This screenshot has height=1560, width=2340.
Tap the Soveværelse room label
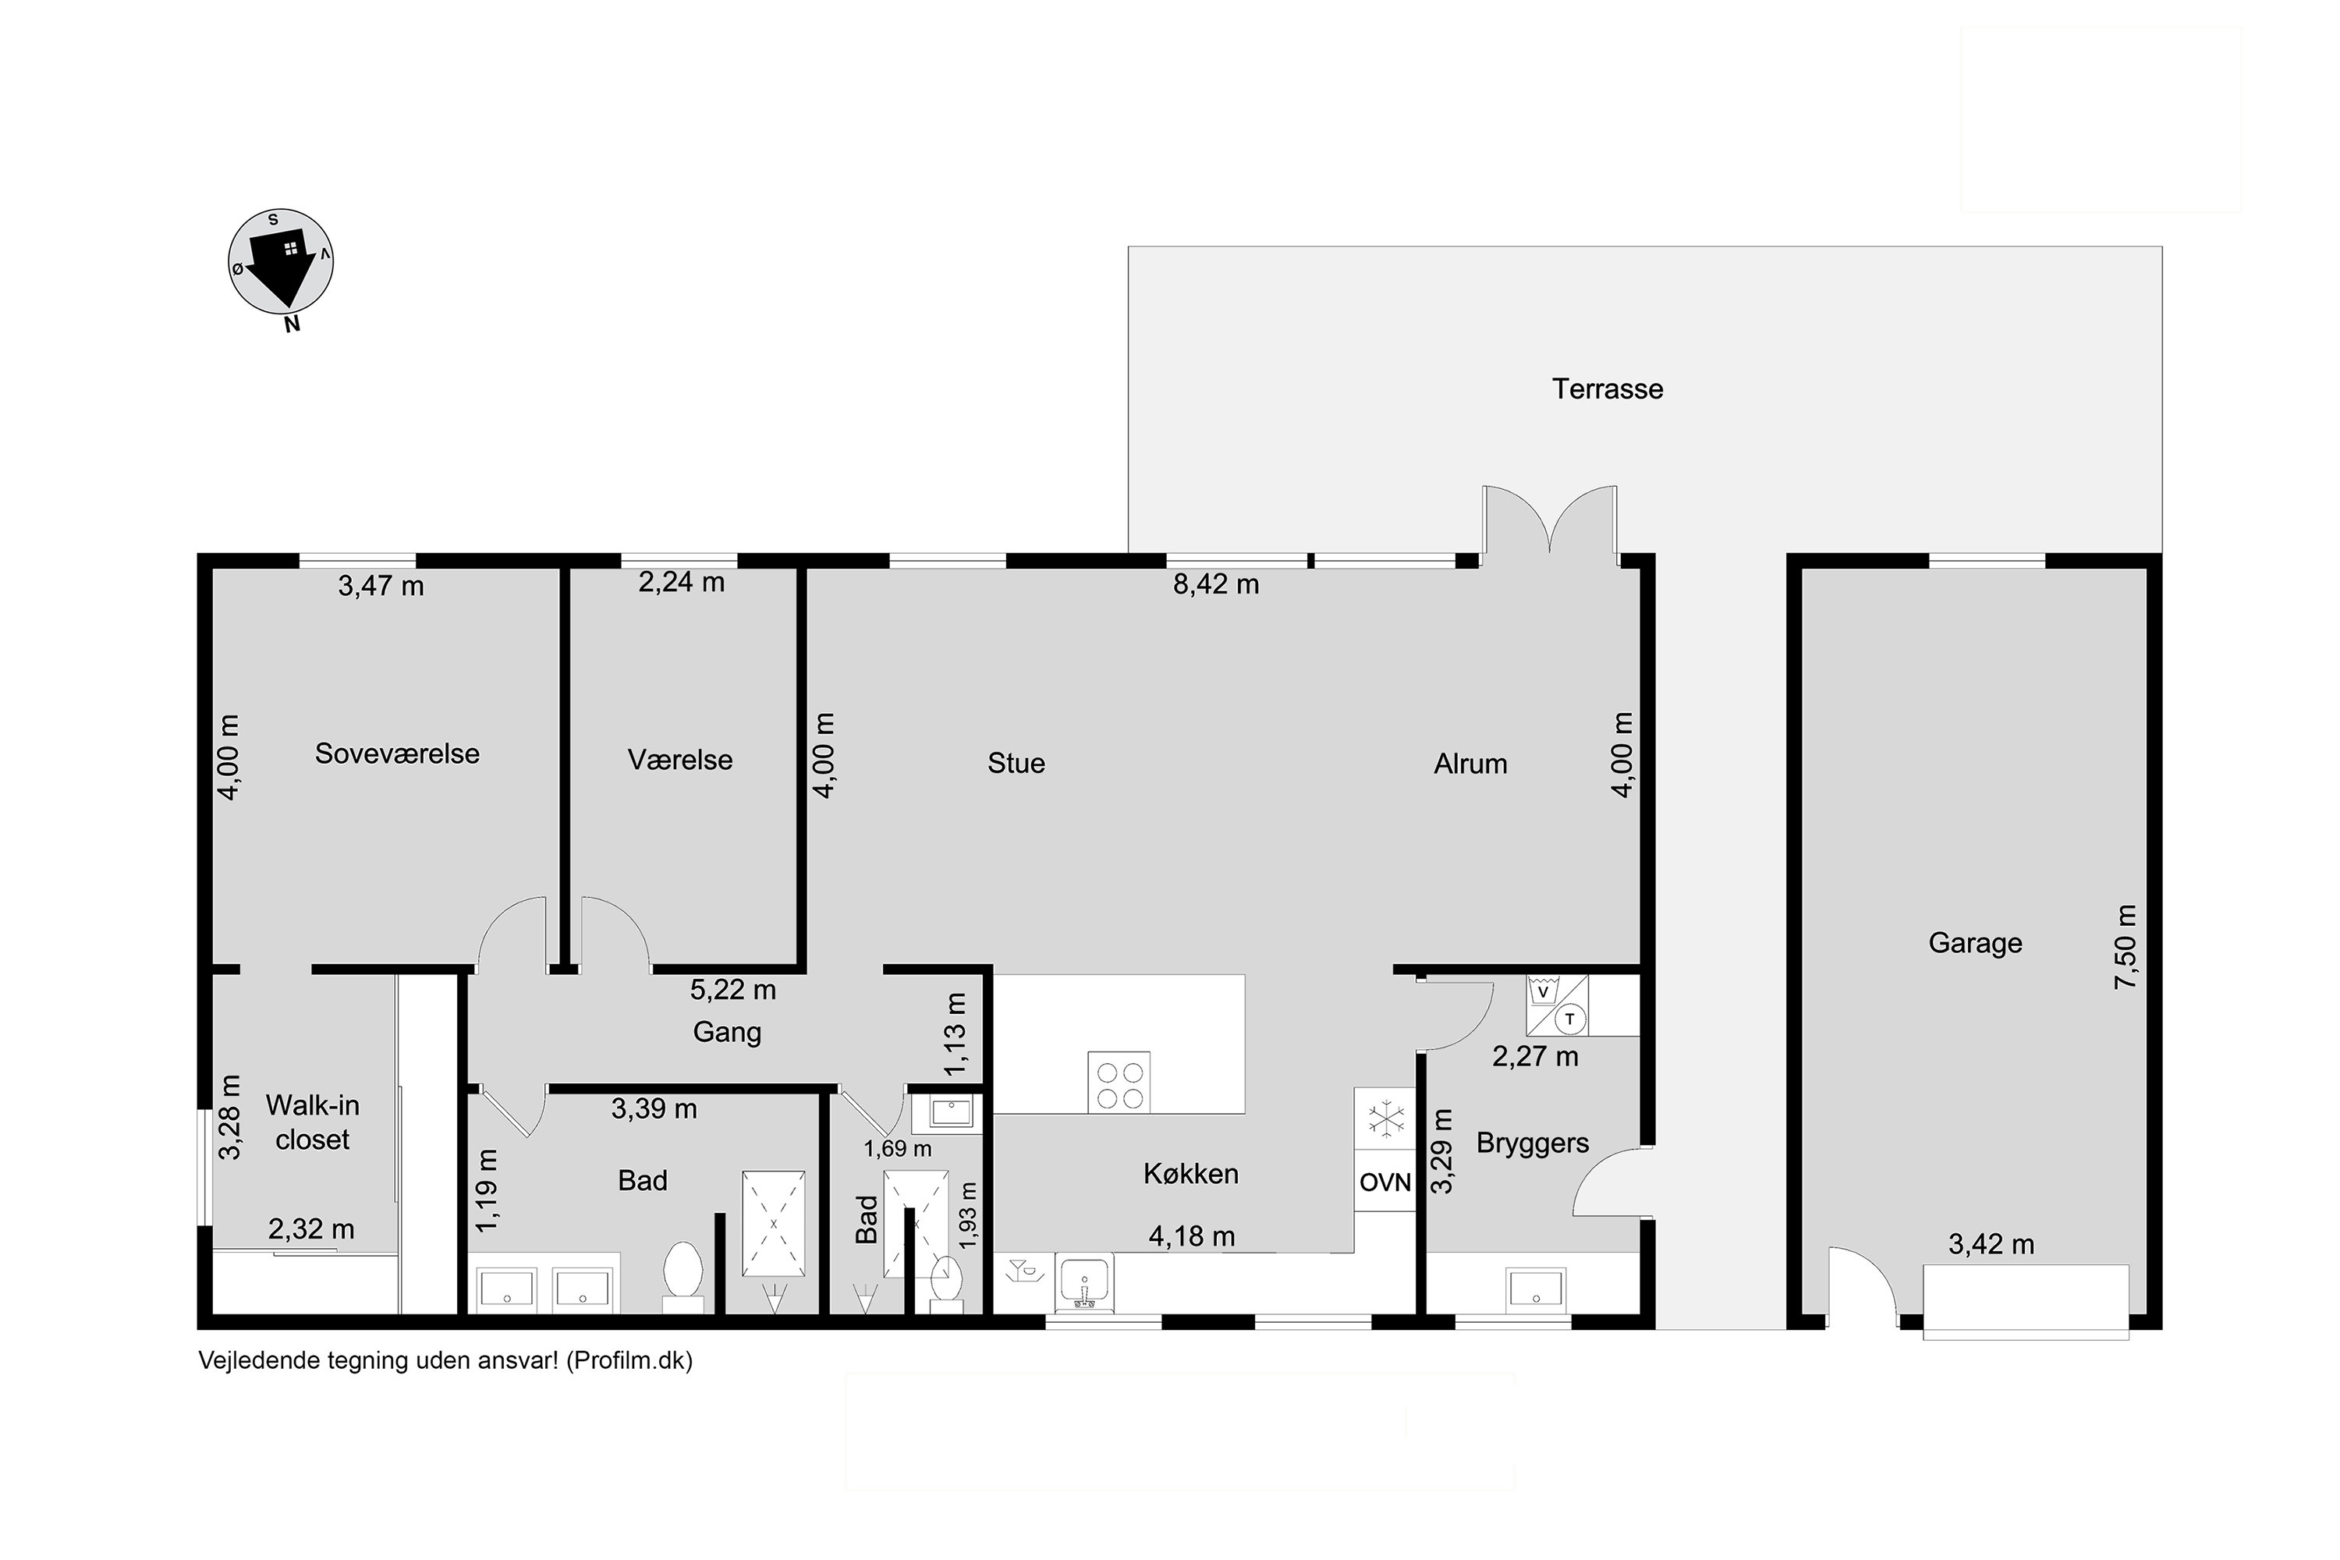[x=397, y=753]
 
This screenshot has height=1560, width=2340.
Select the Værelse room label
[x=680, y=760]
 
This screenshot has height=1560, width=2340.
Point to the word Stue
[x=1016, y=763]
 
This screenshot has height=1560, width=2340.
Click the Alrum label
[x=1470, y=764]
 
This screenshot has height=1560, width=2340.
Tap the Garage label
[x=1975, y=943]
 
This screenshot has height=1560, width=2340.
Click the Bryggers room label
[x=1532, y=1143]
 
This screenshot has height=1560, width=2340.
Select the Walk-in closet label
[x=313, y=1122]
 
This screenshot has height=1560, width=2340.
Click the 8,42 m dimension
[x=1216, y=584]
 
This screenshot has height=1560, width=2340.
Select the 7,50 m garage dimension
[x=2125, y=946]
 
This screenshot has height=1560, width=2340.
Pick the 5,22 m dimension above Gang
[x=733, y=990]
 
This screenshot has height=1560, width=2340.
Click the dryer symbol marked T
[x=1571, y=1019]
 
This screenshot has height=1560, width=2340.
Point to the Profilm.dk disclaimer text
[x=445, y=1361]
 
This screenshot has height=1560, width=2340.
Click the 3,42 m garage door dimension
[x=1991, y=1245]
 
